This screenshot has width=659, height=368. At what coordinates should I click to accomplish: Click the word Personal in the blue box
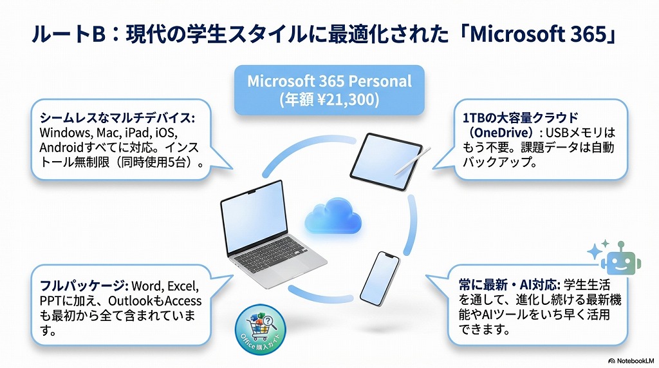[x=379, y=82]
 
